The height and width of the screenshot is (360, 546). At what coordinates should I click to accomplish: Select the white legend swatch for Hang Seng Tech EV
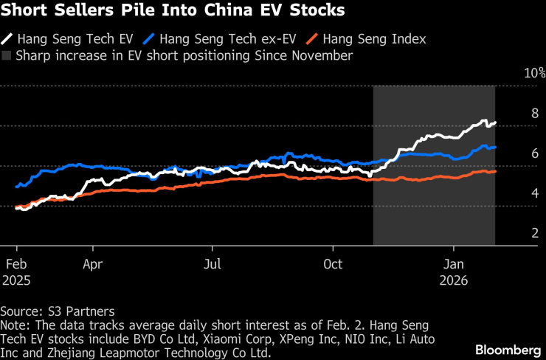tap(7, 38)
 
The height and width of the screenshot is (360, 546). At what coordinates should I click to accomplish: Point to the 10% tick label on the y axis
tap(534, 74)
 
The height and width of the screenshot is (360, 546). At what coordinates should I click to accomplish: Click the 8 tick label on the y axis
tap(536, 114)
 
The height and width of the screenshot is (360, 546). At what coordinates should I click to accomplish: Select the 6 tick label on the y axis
tap(536, 153)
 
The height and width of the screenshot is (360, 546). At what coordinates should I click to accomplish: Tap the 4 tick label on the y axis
tap(536, 193)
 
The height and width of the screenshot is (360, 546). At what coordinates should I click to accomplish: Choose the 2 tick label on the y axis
tap(536, 233)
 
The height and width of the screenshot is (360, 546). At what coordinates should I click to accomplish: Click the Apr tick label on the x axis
tap(92, 263)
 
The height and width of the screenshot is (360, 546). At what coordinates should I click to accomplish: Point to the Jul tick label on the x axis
tap(212, 263)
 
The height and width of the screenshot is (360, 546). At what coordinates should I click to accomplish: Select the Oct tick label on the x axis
tap(334, 263)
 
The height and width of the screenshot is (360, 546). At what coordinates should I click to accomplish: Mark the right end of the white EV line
tap(495, 122)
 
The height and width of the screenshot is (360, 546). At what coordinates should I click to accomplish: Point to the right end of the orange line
tap(495, 171)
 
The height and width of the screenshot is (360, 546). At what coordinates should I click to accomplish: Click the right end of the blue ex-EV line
tap(495, 147)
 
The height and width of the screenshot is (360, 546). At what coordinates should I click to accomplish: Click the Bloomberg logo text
tap(508, 348)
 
